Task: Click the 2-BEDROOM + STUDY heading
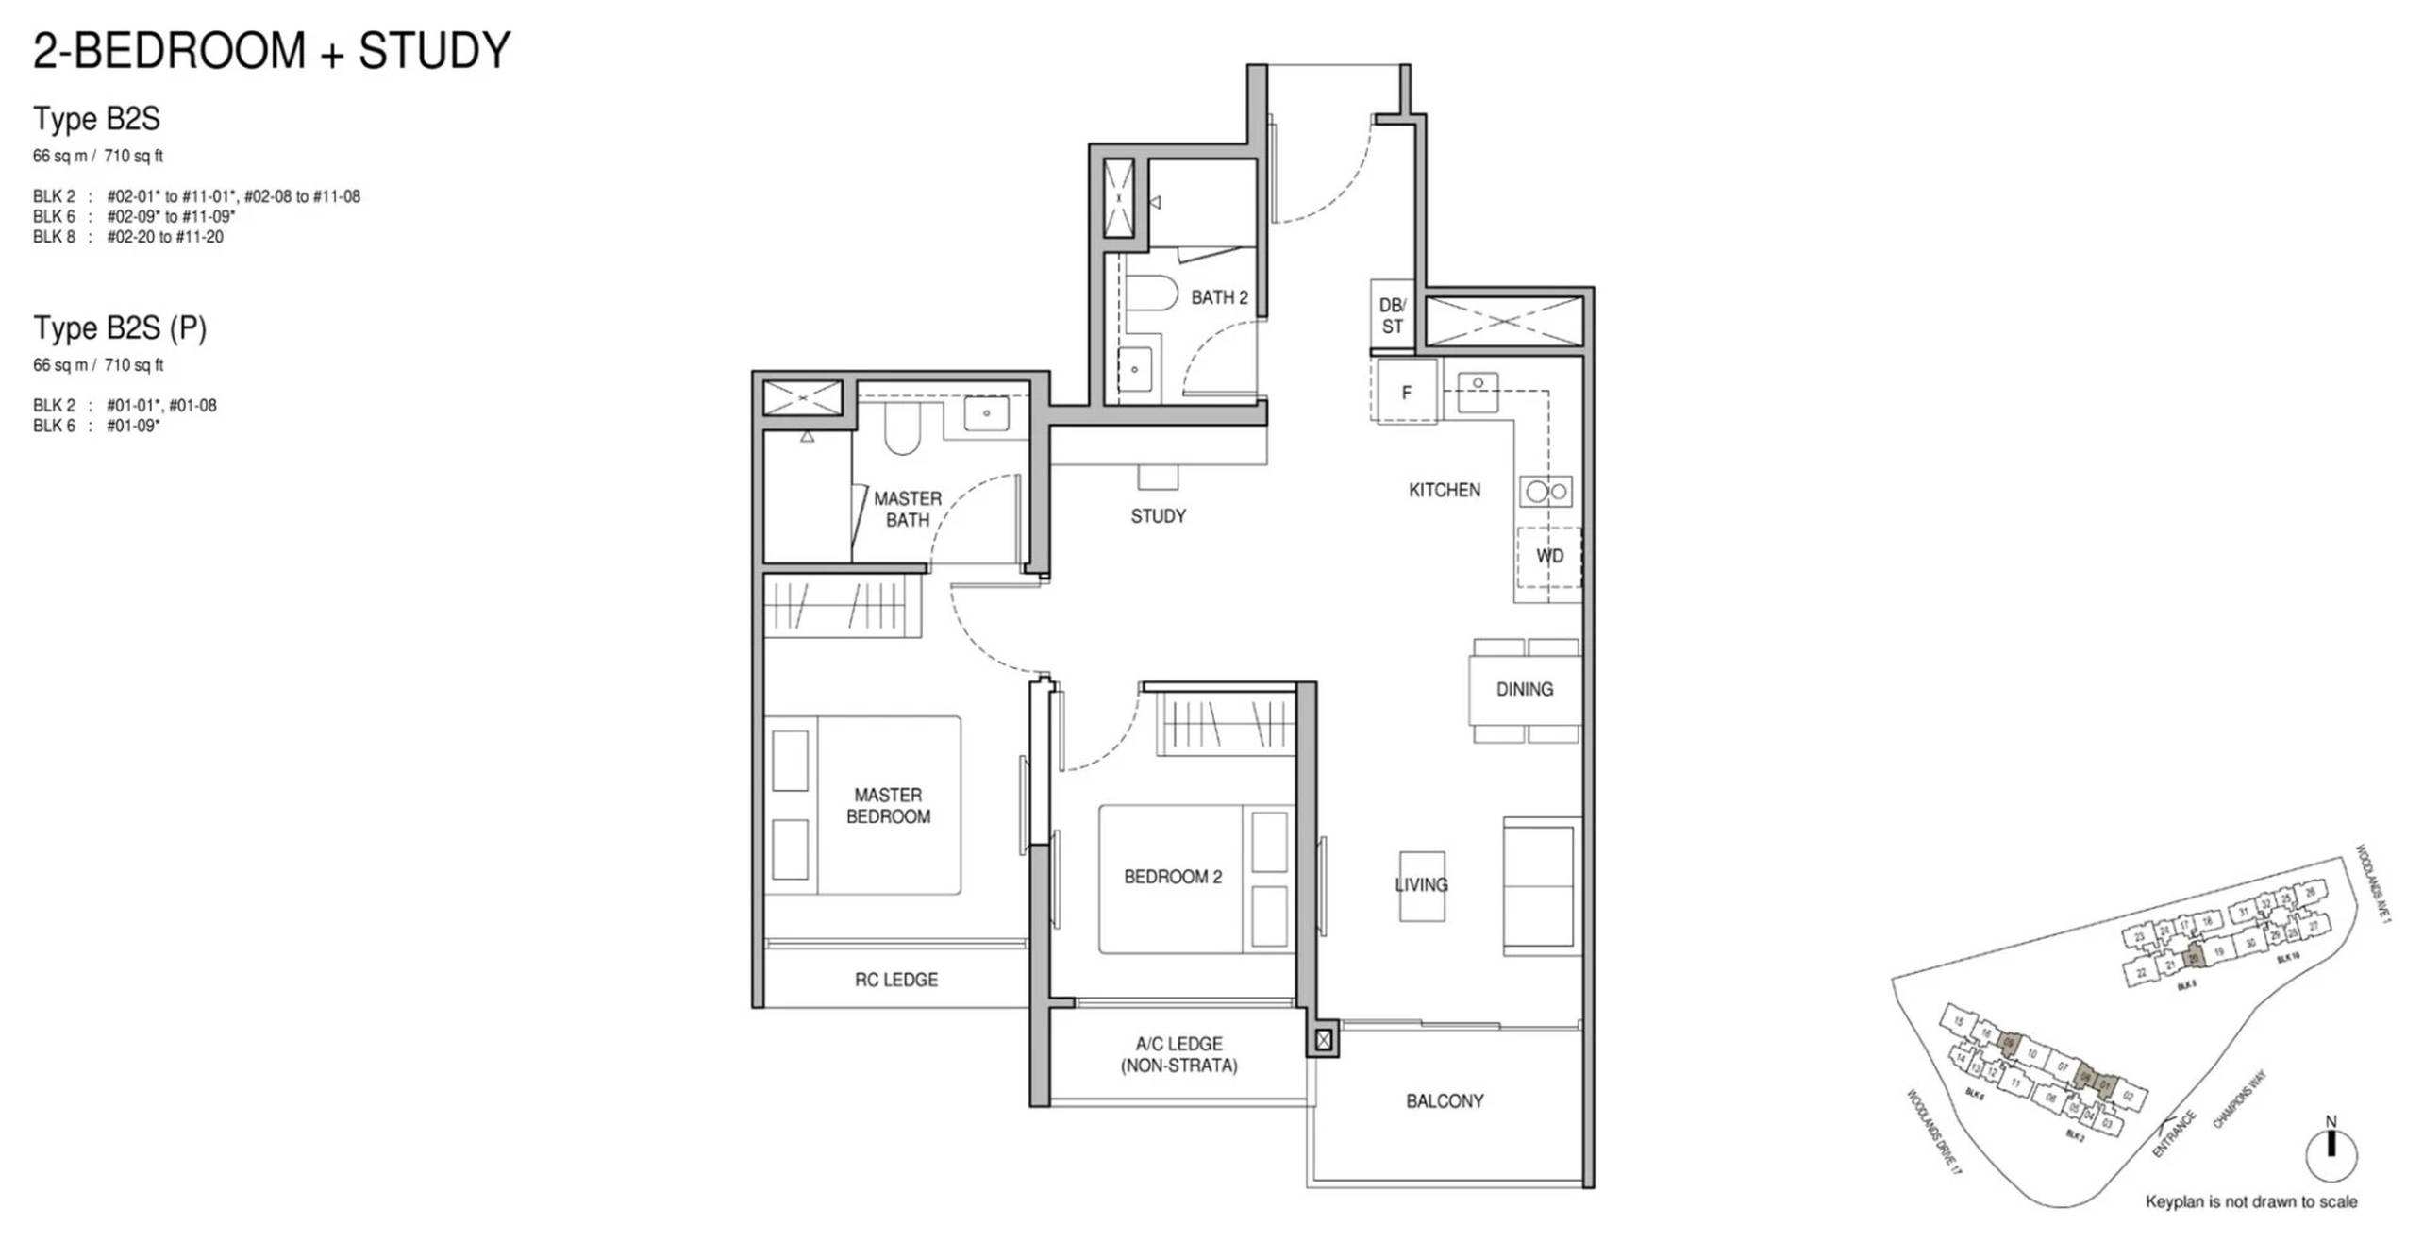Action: click(x=272, y=51)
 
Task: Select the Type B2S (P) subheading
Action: click(x=120, y=327)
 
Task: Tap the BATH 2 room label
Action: click(x=1218, y=297)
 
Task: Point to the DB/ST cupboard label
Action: click(x=1392, y=315)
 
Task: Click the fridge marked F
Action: click(x=1406, y=392)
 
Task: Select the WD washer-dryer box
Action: click(x=1548, y=556)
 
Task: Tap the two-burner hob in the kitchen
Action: click(x=1546, y=491)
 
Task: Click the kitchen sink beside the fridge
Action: click(x=1478, y=392)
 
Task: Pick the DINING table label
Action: click(x=1524, y=689)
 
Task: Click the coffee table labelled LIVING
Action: click(x=1421, y=885)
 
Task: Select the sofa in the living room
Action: click(x=1540, y=887)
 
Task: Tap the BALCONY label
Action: click(x=1445, y=1100)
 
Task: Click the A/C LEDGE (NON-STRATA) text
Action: click(x=1178, y=1054)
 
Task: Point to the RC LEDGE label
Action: click(x=895, y=980)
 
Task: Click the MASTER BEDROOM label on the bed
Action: click(x=888, y=805)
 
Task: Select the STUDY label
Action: click(x=1158, y=516)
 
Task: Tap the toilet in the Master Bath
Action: click(x=902, y=429)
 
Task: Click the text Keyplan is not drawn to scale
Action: click(x=2250, y=1201)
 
